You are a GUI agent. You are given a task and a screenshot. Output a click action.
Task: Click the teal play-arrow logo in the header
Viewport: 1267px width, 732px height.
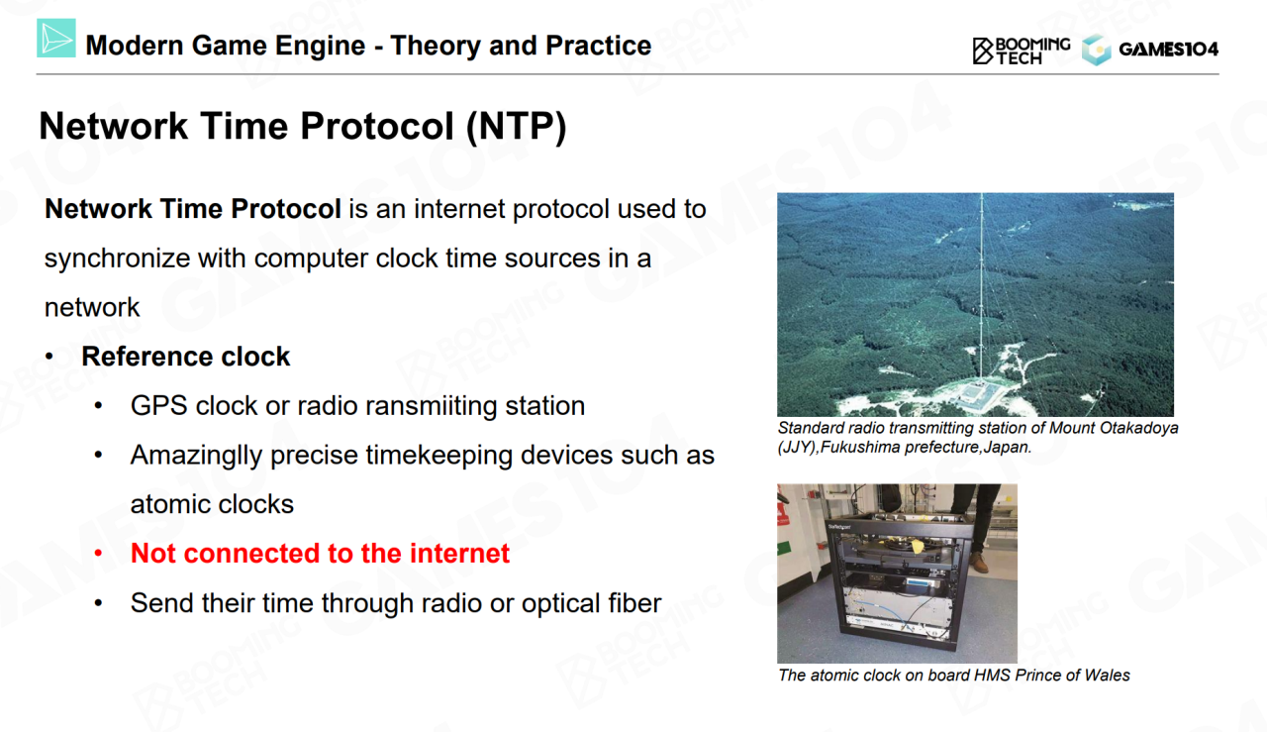[56, 38]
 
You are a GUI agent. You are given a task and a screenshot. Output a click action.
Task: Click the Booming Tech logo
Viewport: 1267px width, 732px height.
[1021, 51]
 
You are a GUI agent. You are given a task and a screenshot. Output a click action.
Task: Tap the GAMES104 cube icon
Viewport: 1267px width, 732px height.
[1096, 50]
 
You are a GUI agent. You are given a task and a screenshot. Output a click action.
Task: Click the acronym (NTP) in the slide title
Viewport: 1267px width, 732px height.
[516, 126]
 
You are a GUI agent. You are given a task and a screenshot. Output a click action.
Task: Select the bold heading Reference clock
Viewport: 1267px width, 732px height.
[185, 356]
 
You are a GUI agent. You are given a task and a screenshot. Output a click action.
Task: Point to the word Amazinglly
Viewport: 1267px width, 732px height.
[196, 456]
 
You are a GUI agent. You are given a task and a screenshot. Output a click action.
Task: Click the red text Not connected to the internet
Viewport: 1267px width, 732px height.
[320, 553]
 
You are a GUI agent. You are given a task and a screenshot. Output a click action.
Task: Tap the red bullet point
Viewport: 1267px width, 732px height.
[98, 553]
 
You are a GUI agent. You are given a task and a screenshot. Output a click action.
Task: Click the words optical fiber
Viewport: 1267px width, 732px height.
[591, 602]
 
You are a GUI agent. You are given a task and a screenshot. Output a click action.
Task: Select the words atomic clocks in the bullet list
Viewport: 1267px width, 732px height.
[212, 504]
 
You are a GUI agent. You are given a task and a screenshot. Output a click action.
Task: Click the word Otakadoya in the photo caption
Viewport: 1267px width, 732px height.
[1138, 428]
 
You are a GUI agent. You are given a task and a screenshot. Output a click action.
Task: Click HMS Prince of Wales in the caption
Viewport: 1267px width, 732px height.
[1051, 675]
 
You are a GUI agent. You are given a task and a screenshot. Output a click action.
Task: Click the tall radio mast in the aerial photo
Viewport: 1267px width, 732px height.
[982, 288]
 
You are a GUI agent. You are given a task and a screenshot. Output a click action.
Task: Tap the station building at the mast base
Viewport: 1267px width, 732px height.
[976, 392]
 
